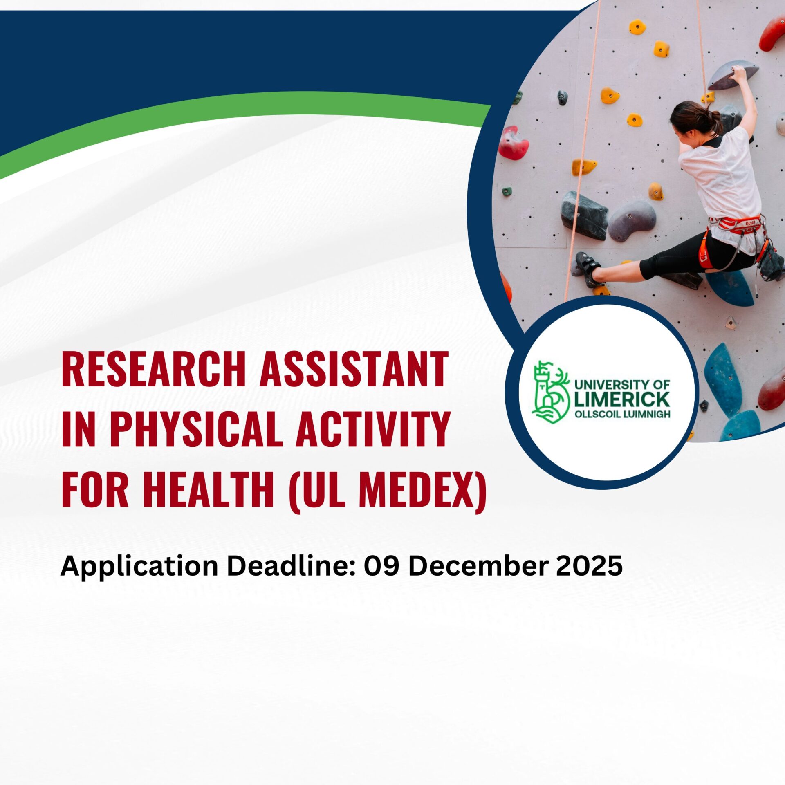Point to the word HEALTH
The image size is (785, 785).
209,490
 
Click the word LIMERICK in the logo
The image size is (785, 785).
622,399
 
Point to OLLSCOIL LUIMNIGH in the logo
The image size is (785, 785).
622,414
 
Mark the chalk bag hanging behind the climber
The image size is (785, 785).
770,262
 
